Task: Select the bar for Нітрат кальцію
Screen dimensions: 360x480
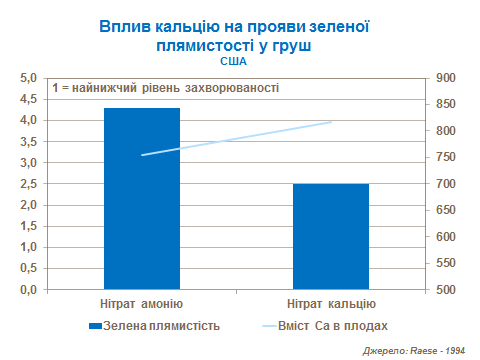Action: click(x=330, y=236)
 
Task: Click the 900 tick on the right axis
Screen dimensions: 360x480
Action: click(x=446, y=77)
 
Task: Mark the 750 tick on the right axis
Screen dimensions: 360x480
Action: click(x=446, y=157)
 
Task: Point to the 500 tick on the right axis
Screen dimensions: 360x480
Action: click(x=446, y=290)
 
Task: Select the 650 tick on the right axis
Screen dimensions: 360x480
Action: click(x=446, y=210)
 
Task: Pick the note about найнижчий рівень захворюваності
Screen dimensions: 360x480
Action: click(x=165, y=88)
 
